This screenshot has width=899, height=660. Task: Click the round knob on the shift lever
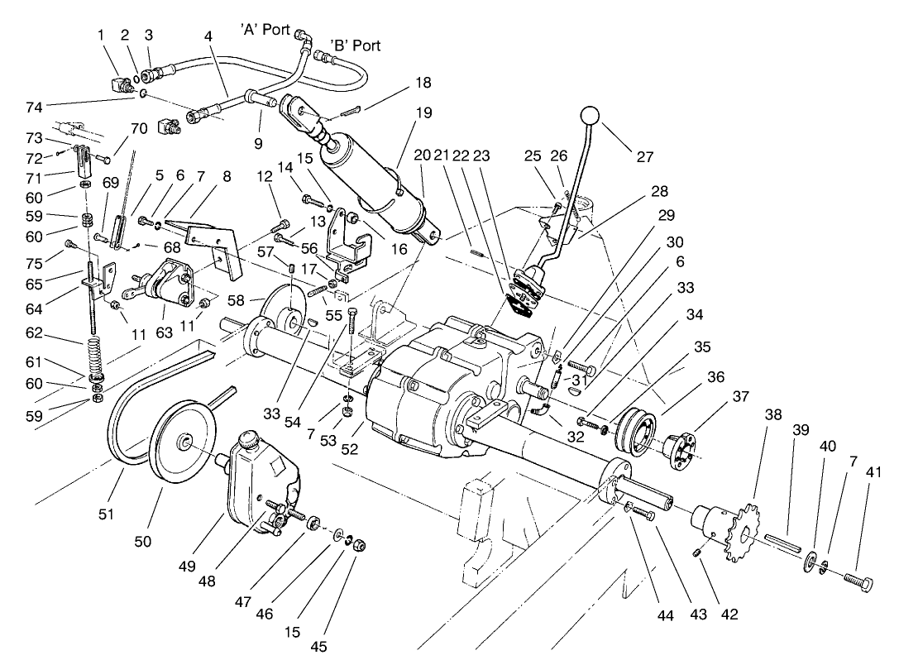pyautogui.click(x=590, y=114)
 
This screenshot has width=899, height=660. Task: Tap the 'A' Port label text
pyautogui.click(x=265, y=30)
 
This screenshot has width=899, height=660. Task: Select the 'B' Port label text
pyautogui.click(x=356, y=45)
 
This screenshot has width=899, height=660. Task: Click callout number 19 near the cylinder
pyautogui.click(x=424, y=113)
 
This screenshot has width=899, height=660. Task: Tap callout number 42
pyautogui.click(x=729, y=614)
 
